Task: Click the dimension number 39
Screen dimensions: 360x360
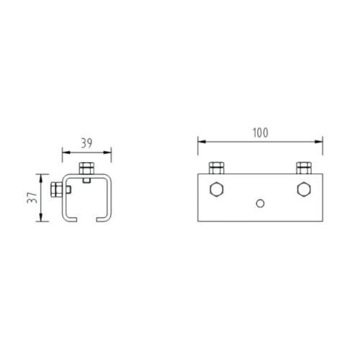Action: click(x=86, y=143)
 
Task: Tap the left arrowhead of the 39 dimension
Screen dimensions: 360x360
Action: click(x=65, y=152)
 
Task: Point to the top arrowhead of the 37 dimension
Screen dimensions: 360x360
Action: click(x=42, y=176)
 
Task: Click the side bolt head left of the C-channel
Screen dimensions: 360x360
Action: click(x=56, y=190)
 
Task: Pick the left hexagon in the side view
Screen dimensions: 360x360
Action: click(x=215, y=191)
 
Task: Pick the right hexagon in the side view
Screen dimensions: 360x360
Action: click(x=303, y=191)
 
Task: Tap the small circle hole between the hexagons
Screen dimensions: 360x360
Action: click(x=261, y=203)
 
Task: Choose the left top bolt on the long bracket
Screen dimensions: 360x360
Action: click(x=215, y=168)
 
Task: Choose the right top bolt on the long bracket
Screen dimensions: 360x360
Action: click(x=303, y=168)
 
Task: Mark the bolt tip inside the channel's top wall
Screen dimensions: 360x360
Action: click(x=86, y=181)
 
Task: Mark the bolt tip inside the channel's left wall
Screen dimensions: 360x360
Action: click(x=71, y=190)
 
